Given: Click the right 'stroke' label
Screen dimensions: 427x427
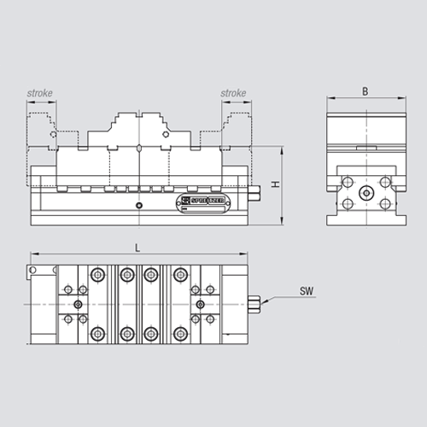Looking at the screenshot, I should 233,93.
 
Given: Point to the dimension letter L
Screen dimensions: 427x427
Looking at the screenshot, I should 137,249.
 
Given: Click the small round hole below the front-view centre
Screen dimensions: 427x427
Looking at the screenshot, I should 137,206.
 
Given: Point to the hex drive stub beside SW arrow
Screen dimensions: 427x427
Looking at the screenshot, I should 255,303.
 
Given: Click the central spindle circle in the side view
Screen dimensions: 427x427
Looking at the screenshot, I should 365,193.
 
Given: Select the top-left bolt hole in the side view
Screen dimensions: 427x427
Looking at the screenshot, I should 346,181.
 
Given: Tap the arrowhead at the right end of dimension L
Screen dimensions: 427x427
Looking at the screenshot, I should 244,255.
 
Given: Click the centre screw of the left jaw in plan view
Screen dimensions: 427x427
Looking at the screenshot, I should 78,303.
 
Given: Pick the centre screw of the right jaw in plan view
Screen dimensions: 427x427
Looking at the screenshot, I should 199,303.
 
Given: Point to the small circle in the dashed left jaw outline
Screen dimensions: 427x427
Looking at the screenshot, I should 53,133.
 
